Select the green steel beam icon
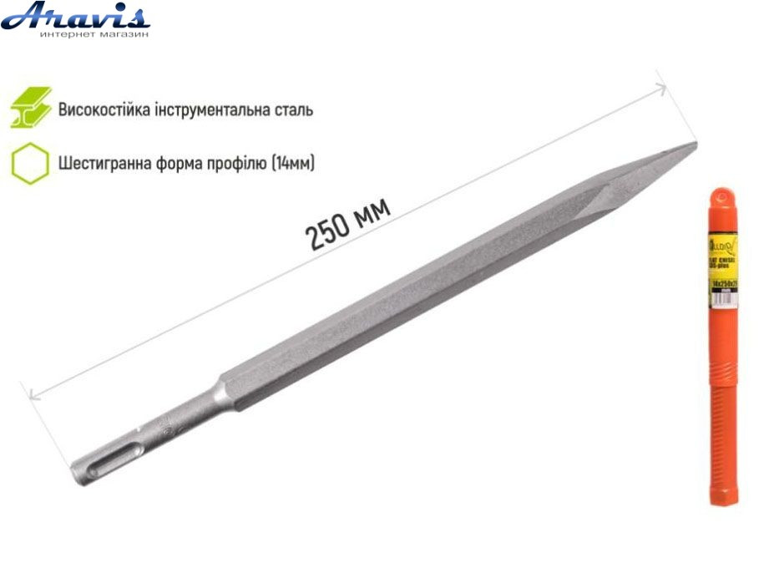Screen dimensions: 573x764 coord(31,108)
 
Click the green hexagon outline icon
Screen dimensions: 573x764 coord(30,162)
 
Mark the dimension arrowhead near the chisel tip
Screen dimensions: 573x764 coord(662,86)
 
